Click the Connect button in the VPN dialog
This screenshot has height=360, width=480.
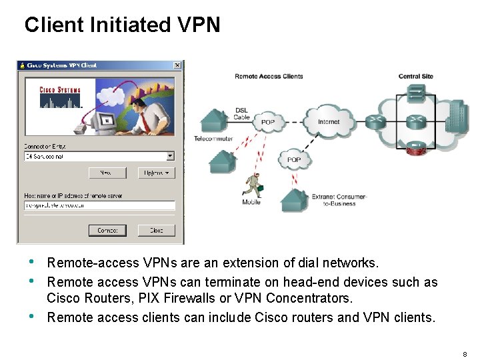(x=107, y=230)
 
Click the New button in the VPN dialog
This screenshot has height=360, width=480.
(x=107, y=173)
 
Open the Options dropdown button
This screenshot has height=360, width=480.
(x=156, y=173)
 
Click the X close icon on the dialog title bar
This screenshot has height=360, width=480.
(x=177, y=65)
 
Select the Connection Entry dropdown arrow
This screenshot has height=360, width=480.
(x=170, y=156)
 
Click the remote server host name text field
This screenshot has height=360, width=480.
(x=99, y=205)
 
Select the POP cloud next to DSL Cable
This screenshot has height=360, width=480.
(x=268, y=122)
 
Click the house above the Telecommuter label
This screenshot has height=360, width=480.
(x=215, y=121)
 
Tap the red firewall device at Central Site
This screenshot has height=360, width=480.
(x=417, y=148)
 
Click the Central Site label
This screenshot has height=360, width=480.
(x=416, y=77)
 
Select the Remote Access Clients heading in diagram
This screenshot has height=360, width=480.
(x=269, y=77)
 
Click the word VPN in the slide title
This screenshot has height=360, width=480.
(x=199, y=25)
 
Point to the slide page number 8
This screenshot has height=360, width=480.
(x=465, y=353)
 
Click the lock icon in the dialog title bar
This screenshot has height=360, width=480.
(x=22, y=65)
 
